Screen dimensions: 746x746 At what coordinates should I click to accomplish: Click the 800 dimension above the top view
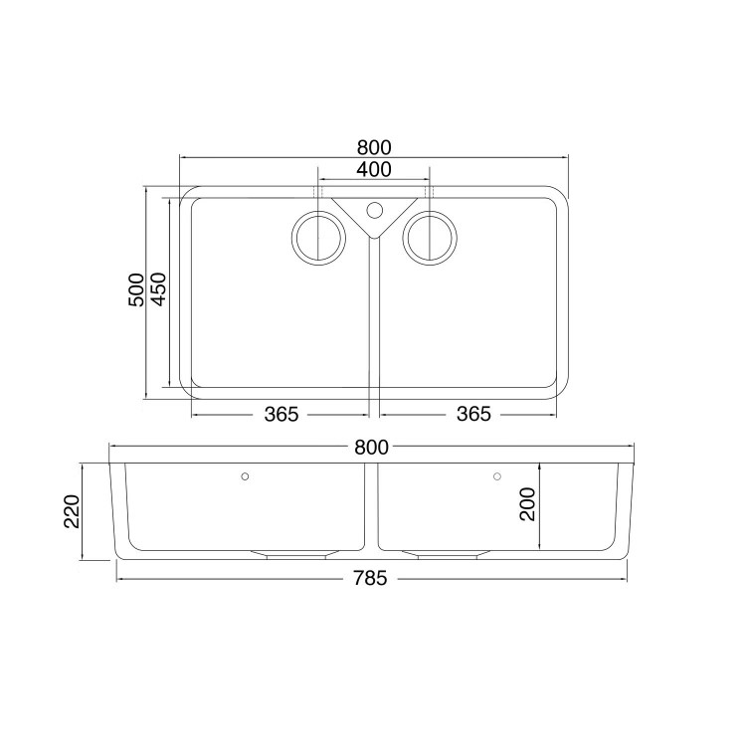[x=373, y=146]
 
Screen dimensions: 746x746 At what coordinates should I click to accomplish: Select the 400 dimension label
[x=373, y=170]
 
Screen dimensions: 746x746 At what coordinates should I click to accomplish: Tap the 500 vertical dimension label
[x=137, y=290]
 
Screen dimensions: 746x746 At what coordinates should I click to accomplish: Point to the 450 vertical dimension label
[x=158, y=290]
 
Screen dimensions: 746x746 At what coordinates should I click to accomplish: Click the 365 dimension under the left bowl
[x=281, y=414]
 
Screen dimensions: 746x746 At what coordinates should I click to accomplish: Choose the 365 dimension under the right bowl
[x=473, y=414]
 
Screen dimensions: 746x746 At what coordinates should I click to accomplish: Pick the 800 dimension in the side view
[x=370, y=450]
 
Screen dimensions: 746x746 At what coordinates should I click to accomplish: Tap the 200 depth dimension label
[x=527, y=505]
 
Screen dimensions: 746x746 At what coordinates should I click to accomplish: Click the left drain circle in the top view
[x=317, y=239]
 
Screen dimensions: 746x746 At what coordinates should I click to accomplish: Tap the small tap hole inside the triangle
[x=374, y=210]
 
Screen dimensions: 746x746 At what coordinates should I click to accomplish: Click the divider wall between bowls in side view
[x=371, y=507]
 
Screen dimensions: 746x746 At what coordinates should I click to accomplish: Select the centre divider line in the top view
[x=373, y=318]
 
